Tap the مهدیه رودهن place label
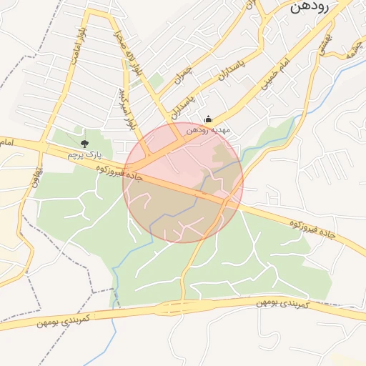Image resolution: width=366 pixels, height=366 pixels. [x=207, y=131]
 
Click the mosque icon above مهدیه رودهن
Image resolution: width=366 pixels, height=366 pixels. [x=208, y=119]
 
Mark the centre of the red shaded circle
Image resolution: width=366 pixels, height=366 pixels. [x=183, y=182]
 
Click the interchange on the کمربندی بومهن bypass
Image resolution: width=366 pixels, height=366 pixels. [x=172, y=308]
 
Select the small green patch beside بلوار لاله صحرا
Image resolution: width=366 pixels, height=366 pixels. [x=154, y=81]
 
